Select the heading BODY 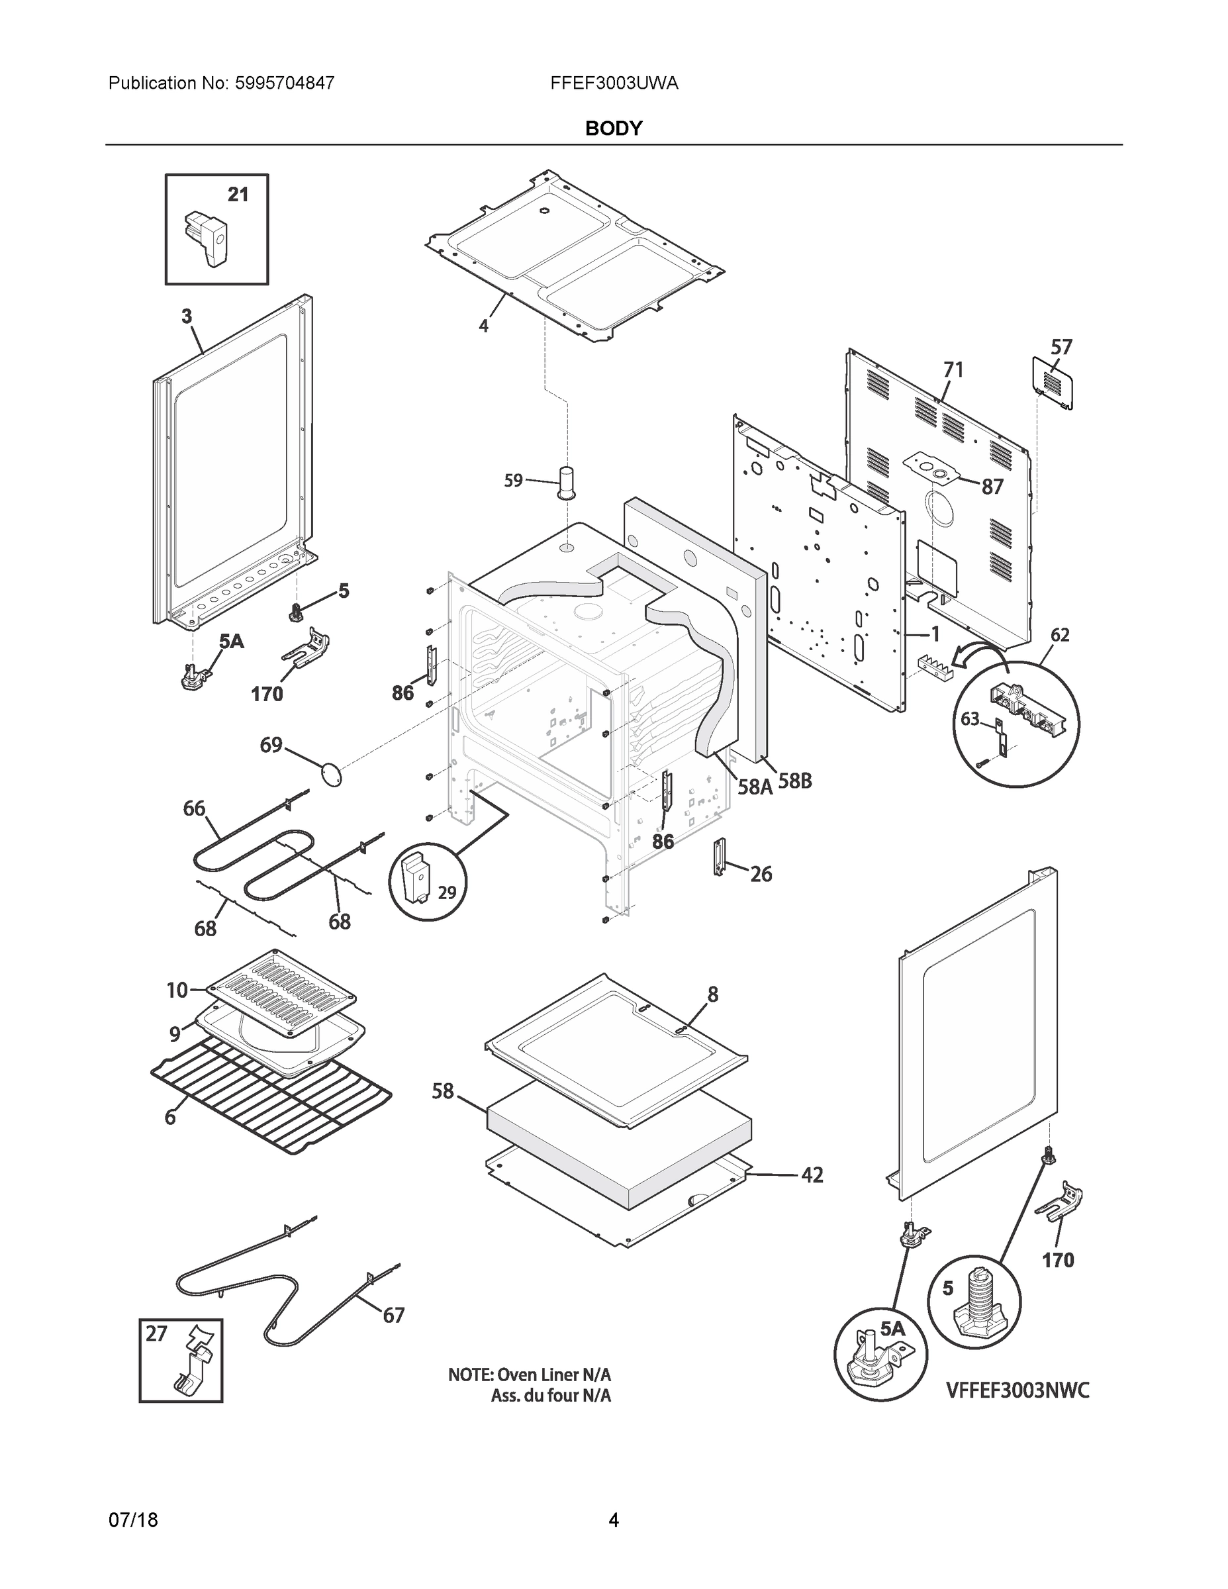click(613, 129)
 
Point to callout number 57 click(1061, 347)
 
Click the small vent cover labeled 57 click(1053, 382)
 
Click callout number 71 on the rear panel click(953, 370)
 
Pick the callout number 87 click(992, 487)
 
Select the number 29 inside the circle click(447, 892)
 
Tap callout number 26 click(761, 874)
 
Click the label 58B click(794, 781)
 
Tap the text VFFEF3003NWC click(1017, 1390)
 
